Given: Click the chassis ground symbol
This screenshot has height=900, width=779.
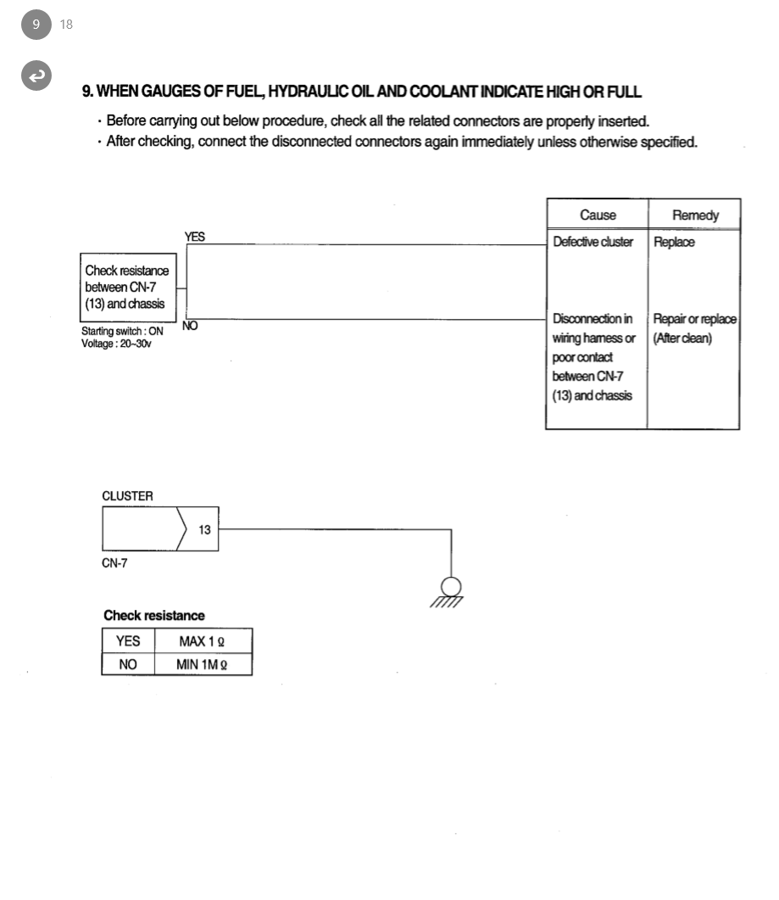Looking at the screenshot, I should click(x=451, y=590).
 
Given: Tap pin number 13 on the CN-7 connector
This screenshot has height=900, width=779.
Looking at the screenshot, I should click(x=204, y=530).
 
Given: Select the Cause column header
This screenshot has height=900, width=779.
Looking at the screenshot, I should click(x=598, y=215).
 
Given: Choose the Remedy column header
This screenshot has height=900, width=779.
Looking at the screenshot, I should click(x=694, y=215).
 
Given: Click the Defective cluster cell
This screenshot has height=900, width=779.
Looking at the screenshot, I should click(x=593, y=242).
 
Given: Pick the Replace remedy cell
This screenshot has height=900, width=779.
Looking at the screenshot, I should click(x=674, y=242).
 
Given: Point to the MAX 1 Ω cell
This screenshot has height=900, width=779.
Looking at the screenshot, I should click(x=202, y=640).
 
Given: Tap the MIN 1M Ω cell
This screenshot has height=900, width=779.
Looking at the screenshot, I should click(x=202, y=664).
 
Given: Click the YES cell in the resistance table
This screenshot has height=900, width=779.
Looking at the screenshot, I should click(x=128, y=640).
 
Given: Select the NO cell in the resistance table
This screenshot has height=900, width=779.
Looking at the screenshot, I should click(x=128, y=664).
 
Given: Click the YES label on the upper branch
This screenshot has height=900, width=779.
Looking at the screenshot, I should click(x=194, y=237).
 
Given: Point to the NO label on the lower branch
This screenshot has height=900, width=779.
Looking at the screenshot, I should click(x=191, y=326).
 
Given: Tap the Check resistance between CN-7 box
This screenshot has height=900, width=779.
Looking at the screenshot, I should click(x=126, y=287).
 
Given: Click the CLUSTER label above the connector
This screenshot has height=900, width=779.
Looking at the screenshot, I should click(x=127, y=495).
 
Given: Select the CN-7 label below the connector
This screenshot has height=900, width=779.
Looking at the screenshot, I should click(x=115, y=563).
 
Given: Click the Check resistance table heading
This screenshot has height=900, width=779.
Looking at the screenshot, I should click(x=153, y=615).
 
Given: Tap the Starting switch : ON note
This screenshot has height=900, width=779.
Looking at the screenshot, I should click(x=122, y=332).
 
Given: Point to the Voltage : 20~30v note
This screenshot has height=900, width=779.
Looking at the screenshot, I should click(x=116, y=343).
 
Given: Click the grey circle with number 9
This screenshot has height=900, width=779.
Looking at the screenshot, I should click(x=36, y=24).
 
